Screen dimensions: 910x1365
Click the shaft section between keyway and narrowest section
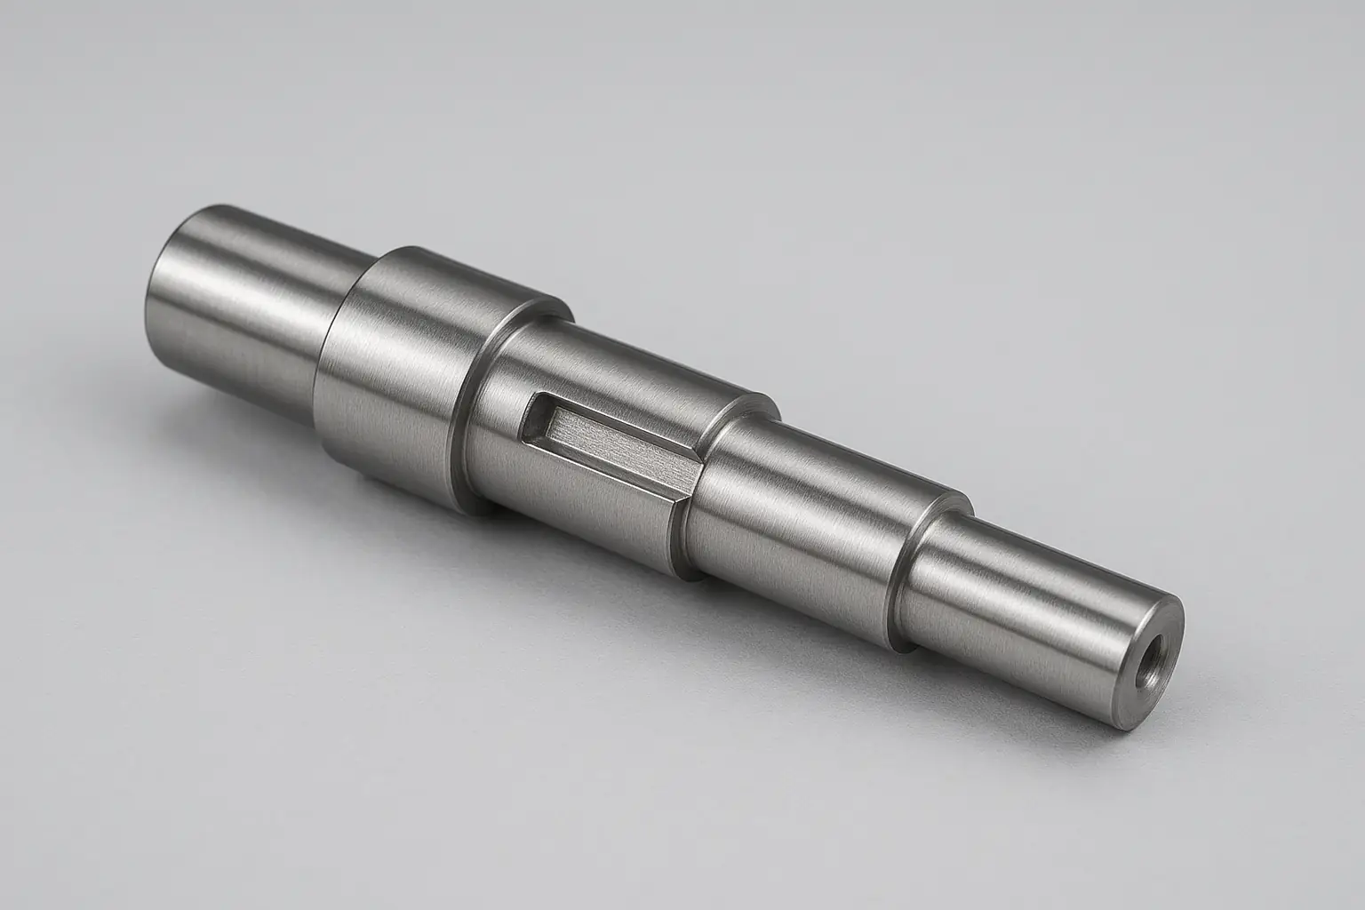[x=800, y=498]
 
